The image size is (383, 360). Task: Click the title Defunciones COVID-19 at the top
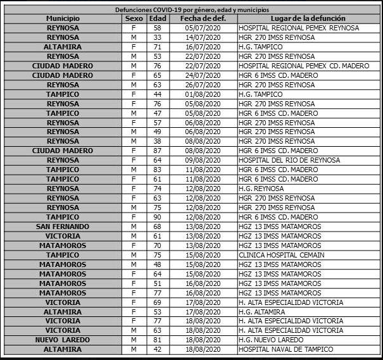pyautogui.click(x=192, y=10)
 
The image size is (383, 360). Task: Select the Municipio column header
pyautogui.click(x=63, y=19)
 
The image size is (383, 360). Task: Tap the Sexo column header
pyautogui.click(x=134, y=19)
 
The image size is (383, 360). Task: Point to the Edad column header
pyautogui.click(x=157, y=19)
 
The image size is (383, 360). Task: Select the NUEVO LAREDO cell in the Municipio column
pyautogui.click(x=63, y=340)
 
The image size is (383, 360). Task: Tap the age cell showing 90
pyautogui.click(x=157, y=217)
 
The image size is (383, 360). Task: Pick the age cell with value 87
pyautogui.click(x=157, y=151)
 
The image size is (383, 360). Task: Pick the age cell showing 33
pyautogui.click(x=157, y=38)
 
